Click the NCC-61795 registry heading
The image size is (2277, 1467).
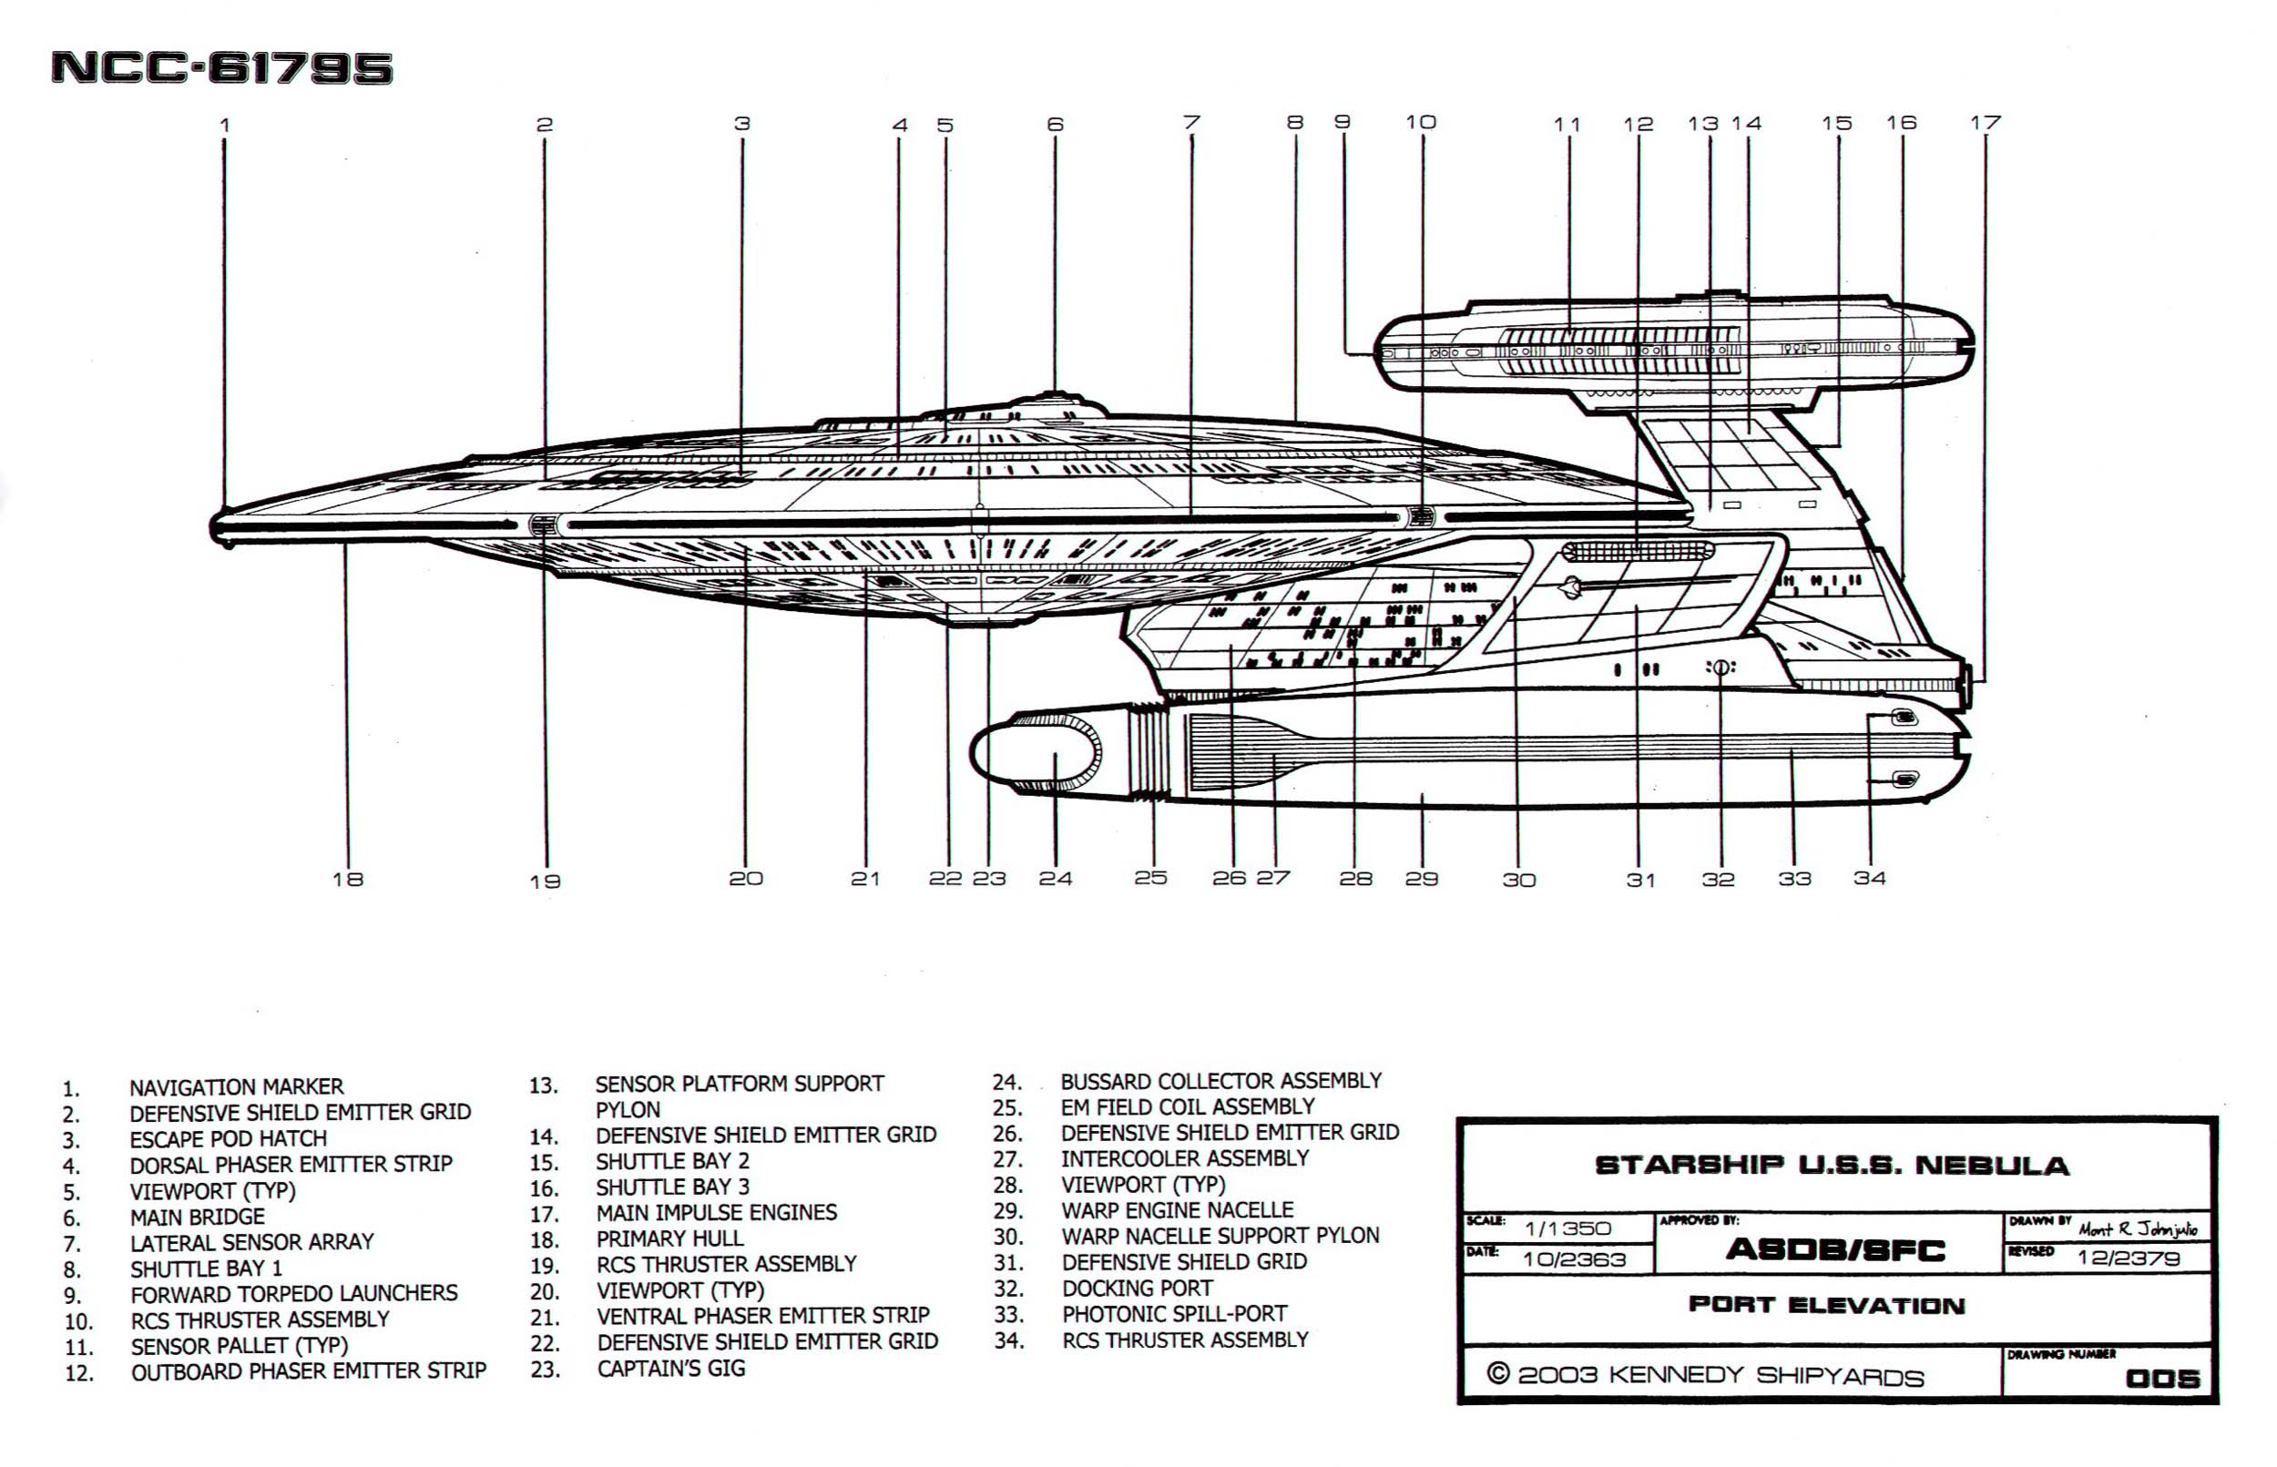tap(221, 67)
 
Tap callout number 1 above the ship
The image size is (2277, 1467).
tap(225, 125)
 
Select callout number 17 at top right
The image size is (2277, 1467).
tap(1986, 123)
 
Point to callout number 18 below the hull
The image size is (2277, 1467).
tap(348, 880)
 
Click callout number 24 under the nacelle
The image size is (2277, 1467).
tap(1055, 879)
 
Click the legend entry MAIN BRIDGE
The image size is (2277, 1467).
tap(198, 1217)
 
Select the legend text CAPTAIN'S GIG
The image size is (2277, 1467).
tap(670, 1369)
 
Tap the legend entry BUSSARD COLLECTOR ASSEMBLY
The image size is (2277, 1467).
tap(1220, 1081)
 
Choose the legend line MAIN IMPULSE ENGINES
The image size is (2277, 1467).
tap(717, 1213)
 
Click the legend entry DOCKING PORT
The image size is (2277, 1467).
tap(1137, 1289)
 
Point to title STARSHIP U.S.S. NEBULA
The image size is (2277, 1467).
tap(1831, 1166)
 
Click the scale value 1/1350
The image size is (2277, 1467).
tap(1567, 1228)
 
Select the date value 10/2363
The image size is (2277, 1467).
tap(1573, 1259)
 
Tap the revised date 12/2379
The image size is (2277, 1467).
tap(2129, 1258)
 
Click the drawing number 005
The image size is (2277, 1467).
tap(2161, 1379)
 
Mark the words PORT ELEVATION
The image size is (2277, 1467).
tap(1826, 1305)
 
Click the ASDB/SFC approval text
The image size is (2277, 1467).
tap(1834, 1249)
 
